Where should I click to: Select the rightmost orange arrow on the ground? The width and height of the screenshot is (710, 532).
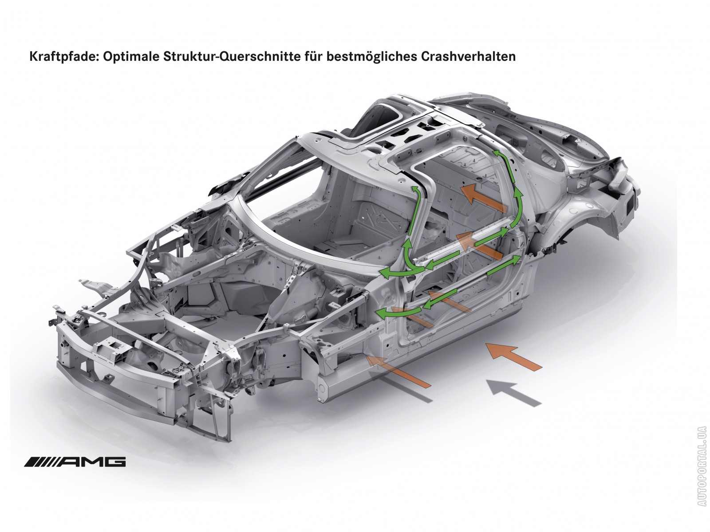tap(514, 356)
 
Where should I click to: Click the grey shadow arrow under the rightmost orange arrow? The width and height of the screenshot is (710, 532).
tap(514, 392)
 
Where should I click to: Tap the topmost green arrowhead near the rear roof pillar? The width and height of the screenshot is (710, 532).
tap(497, 154)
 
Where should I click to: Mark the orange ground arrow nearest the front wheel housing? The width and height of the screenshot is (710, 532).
tap(398, 370)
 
